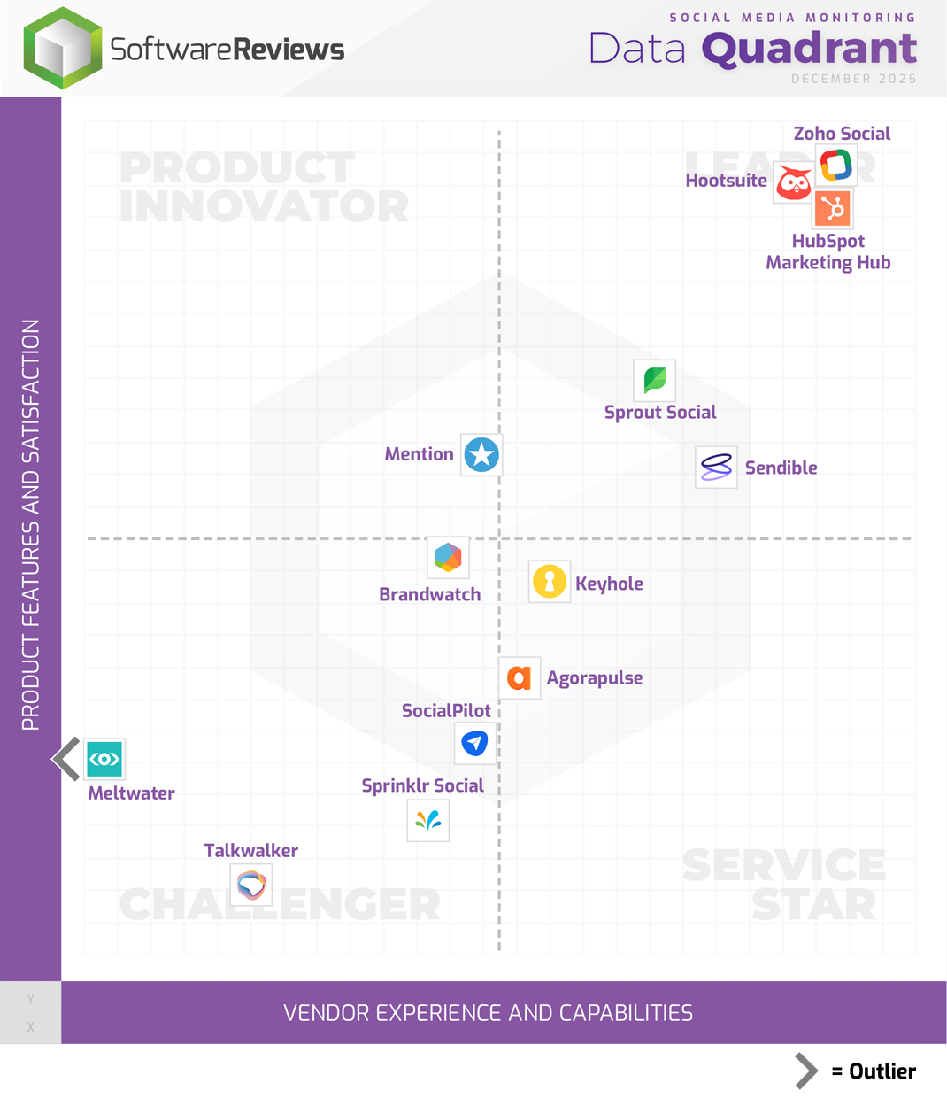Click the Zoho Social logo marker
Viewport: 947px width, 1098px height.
(x=835, y=165)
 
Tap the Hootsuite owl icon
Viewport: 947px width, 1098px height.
(x=793, y=183)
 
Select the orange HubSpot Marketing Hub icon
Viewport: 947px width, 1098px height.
(x=833, y=209)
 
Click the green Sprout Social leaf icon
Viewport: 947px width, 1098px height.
(x=655, y=381)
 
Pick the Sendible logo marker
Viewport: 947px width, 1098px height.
(x=716, y=467)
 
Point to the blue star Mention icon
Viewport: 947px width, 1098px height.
(x=481, y=455)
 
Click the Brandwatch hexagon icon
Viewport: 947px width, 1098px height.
(x=448, y=557)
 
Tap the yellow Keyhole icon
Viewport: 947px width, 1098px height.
(x=550, y=582)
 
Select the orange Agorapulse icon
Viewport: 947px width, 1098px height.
(x=520, y=678)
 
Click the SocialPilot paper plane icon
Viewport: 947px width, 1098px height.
(x=475, y=743)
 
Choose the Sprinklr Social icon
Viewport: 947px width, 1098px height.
(x=428, y=821)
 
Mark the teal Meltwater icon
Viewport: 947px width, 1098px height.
(x=104, y=759)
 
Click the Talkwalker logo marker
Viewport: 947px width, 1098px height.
(x=251, y=884)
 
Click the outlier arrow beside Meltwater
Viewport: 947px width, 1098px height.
(x=66, y=759)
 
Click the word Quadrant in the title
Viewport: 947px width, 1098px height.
(x=809, y=49)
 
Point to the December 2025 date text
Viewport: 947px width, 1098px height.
(x=853, y=79)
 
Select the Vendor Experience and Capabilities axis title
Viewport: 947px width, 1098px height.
(x=488, y=1013)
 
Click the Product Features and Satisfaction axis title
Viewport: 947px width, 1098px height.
(x=31, y=524)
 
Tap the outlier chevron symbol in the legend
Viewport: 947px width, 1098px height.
(x=805, y=1071)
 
